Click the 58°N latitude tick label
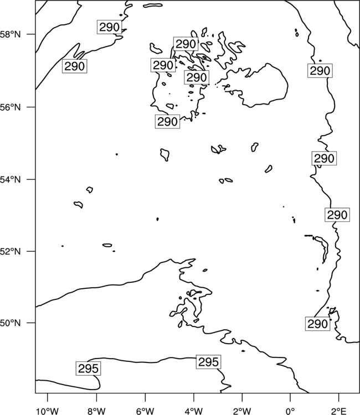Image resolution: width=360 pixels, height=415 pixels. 10,34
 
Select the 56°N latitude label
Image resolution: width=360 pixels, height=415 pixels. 10,107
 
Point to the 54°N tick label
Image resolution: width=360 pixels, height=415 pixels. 10,179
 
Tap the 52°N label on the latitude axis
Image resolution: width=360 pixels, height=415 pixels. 10,251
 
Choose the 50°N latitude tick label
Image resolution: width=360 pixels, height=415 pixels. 10,323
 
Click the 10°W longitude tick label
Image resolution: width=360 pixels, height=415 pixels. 48,411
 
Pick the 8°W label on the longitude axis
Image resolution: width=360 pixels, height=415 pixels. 96,411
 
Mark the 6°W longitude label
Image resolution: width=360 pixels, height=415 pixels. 145,411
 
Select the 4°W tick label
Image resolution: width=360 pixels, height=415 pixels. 194,411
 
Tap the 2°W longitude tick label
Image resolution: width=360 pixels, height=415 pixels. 242,411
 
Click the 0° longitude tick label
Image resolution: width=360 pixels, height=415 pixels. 290,411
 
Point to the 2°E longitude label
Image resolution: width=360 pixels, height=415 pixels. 339,411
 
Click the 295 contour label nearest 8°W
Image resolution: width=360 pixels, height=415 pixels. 89,368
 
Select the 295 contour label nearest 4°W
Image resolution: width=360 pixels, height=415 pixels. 208,362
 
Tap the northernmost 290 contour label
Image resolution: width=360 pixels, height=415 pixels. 110,27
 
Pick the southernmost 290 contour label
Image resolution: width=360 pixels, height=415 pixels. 317,324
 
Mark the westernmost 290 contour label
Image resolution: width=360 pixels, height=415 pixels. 75,66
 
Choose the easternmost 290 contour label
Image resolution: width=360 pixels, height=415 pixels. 337,215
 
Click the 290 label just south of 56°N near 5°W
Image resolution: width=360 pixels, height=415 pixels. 167,122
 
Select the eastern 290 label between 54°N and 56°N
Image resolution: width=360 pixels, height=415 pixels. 324,158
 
